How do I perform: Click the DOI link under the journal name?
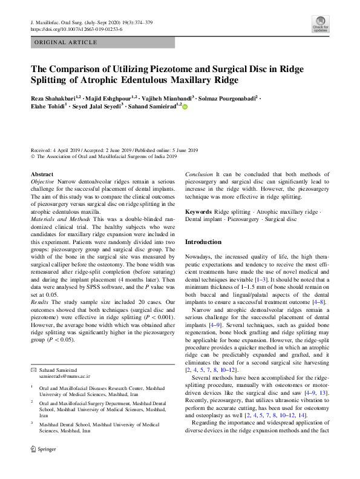point(76,29)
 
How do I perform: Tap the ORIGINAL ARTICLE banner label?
point(65,42)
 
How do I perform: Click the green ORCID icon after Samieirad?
point(185,107)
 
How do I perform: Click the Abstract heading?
point(42,174)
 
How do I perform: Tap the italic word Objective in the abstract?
point(42,182)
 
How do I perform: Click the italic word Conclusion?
point(199,174)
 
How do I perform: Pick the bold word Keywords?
point(198,212)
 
